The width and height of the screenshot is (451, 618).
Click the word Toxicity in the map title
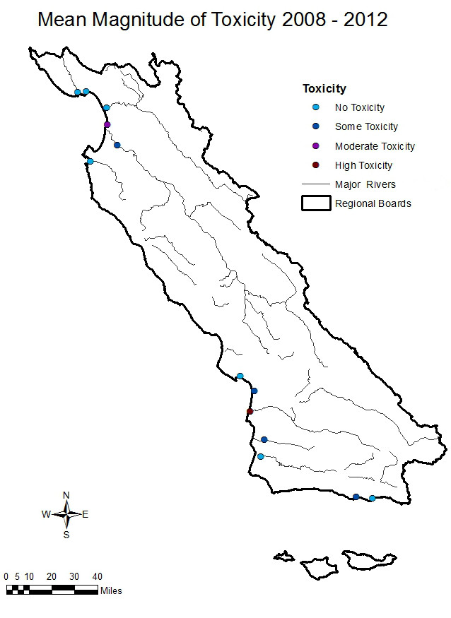pos(245,20)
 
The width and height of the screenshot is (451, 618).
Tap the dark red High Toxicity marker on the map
pos(250,411)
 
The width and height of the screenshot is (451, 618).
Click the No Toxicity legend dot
pos(316,107)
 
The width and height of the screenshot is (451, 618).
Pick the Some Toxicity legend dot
pos(316,127)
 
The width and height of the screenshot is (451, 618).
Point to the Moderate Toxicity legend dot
pos(316,146)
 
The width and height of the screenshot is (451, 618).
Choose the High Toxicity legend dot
pos(316,165)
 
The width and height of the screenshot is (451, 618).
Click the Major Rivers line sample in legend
pos(316,184)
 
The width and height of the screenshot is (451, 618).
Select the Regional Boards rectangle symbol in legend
pos(316,203)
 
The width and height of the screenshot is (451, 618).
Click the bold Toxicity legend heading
pos(324,89)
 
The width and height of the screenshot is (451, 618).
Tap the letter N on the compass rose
pos(66,495)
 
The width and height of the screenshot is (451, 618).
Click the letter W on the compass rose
pos(46,515)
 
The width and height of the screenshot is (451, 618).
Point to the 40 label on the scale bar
pos(98,576)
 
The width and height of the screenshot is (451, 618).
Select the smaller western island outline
pos(285,557)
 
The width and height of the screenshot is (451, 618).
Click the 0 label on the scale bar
pos(6,576)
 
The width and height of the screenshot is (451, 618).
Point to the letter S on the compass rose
pos(66,535)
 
